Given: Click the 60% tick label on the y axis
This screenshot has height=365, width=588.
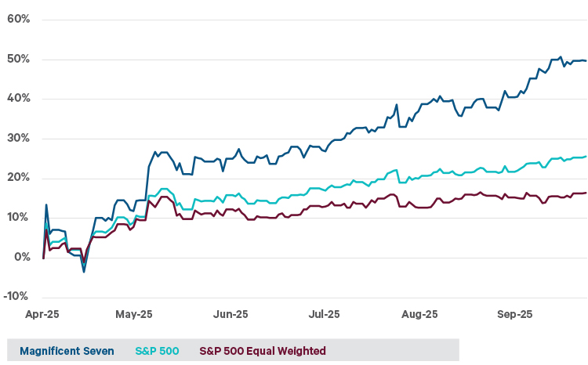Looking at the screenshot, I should [18, 19].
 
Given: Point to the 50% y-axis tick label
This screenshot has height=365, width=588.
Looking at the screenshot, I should [18, 59].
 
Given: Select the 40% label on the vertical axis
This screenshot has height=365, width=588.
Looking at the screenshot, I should [18, 99].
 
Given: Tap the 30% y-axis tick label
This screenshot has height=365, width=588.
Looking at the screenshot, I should [18, 139].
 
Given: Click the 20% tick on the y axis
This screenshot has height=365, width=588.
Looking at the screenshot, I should [18, 178].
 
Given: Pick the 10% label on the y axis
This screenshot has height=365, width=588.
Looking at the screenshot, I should [18, 218].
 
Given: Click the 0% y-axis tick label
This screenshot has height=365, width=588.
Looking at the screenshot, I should [21, 257].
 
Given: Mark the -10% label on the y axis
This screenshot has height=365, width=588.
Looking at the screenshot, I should [16, 297].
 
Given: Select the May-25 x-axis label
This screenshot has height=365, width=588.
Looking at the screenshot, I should [134, 315].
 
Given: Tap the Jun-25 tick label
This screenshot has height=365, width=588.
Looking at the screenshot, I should [230, 315].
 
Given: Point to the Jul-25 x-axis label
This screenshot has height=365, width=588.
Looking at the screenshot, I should [324, 315].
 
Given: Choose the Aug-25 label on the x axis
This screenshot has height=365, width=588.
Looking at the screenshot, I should [419, 315].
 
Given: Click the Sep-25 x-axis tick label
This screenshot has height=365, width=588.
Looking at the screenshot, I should [515, 315].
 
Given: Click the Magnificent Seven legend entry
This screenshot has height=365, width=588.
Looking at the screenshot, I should [66, 351].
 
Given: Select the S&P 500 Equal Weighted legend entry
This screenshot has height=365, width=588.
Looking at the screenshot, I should [263, 351].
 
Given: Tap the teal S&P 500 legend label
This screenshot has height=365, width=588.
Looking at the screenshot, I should [157, 351].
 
